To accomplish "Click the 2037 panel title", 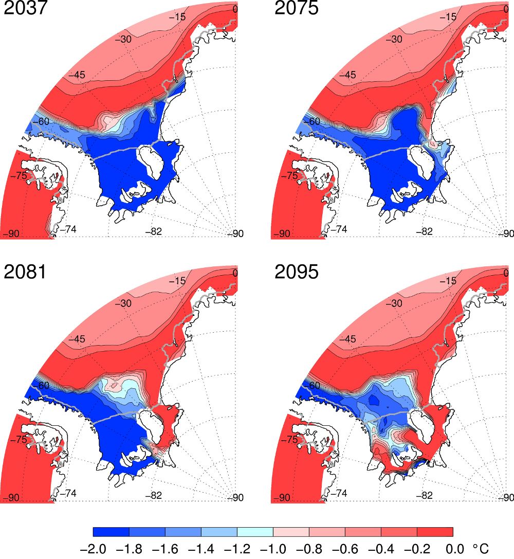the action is (x=25, y=8).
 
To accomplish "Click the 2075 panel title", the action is (x=297, y=8).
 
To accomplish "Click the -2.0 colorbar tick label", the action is (x=93, y=549).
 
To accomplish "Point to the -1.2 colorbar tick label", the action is (x=237, y=549).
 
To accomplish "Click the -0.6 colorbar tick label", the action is (x=345, y=549).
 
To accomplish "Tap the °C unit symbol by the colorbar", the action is (x=481, y=549).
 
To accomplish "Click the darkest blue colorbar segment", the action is (x=111, y=532).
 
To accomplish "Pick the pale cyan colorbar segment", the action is (x=255, y=532).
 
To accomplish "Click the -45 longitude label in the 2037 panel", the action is (x=77, y=75).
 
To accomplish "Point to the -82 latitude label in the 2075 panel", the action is (x=425, y=231).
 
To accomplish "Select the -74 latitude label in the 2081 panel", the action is (x=68, y=493).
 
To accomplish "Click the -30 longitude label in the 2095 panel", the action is (x=394, y=303).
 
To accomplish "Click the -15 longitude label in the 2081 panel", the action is (x=177, y=281).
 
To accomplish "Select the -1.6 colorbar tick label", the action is (x=166, y=549).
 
